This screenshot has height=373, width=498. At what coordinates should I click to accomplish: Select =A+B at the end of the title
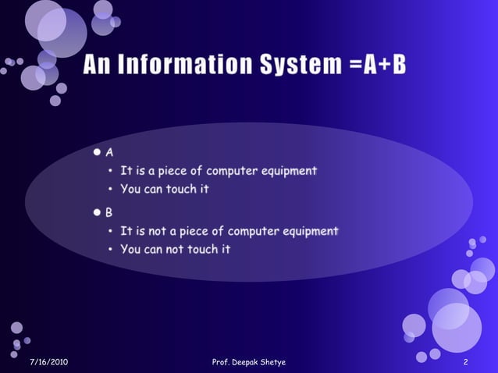(x=379, y=66)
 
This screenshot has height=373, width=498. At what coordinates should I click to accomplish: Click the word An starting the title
(x=100, y=66)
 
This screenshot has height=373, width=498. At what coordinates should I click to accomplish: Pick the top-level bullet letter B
(x=109, y=212)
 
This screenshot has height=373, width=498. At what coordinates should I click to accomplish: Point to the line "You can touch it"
(x=165, y=189)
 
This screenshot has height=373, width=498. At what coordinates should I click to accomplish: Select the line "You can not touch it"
(x=176, y=249)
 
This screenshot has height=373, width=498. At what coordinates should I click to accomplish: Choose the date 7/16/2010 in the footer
(x=48, y=363)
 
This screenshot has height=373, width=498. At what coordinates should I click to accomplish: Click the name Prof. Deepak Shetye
(x=249, y=363)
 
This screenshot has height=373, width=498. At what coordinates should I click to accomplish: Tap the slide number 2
(x=465, y=363)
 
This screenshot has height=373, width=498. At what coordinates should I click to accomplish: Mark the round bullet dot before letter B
(x=97, y=212)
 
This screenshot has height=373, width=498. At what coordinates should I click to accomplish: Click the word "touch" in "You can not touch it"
(x=203, y=249)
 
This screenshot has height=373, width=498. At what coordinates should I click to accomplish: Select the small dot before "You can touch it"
(x=112, y=190)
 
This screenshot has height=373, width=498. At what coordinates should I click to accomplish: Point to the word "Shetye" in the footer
(x=272, y=363)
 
